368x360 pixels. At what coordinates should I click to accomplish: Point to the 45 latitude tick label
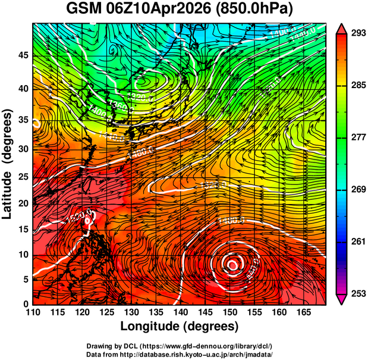[x=21, y=55]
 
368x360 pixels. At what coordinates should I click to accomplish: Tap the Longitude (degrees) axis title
[x=180, y=326]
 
